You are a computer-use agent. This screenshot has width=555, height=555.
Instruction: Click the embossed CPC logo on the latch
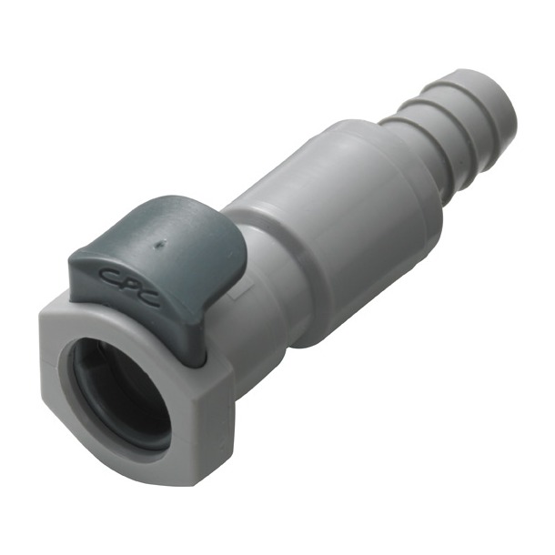[128, 287]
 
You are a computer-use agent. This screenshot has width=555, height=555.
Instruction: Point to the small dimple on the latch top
[160, 243]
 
